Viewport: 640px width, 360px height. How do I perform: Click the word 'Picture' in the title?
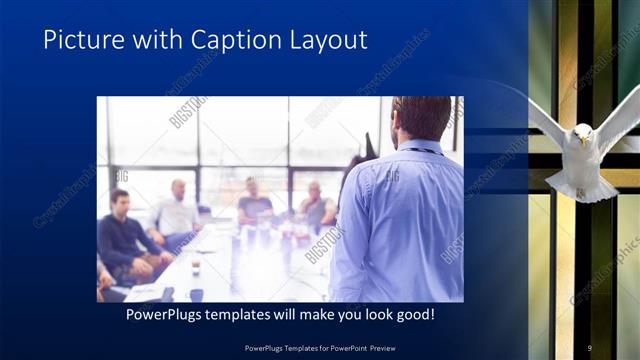point(81,40)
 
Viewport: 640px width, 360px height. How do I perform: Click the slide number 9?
point(589,347)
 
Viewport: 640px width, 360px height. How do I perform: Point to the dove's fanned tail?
point(582,190)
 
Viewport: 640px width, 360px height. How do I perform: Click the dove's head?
point(582,133)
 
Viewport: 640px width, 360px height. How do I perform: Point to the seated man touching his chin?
point(315,205)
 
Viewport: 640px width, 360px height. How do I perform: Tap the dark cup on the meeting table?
point(196,294)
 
